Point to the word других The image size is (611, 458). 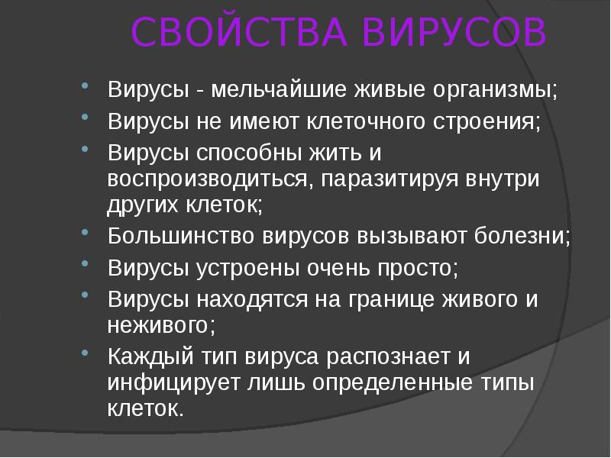click(x=144, y=205)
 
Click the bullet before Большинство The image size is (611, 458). click(x=86, y=232)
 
